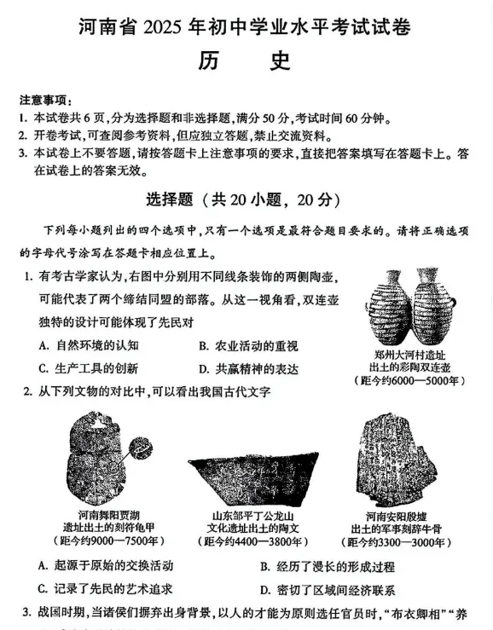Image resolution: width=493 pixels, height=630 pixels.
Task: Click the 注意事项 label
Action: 41,100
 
